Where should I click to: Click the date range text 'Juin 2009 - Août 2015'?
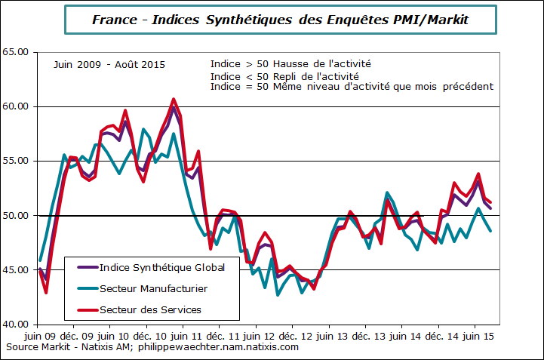tap(109, 65)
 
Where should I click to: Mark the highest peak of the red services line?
tap(174, 99)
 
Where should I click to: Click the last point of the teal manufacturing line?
tap(491, 231)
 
